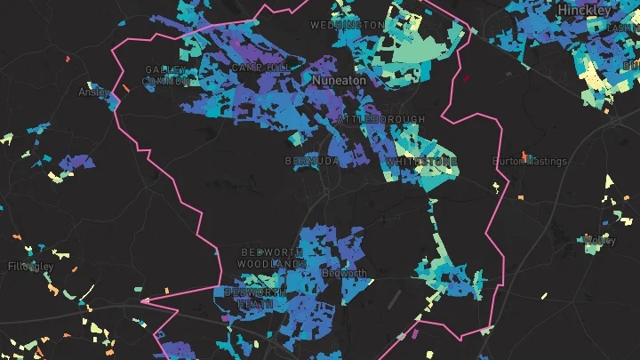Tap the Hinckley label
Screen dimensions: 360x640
coord(584,10)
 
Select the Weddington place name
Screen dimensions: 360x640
coord(347,26)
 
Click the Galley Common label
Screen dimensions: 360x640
coord(166,76)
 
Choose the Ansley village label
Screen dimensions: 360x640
coord(93,92)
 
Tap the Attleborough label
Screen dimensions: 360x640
coord(381,119)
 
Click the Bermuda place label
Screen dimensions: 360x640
coord(311,162)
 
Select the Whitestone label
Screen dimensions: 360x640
coord(421,162)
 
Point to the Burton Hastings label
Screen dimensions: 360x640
coord(530,162)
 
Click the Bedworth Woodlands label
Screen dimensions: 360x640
coord(272,259)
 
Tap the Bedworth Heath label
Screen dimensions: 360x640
coord(256,298)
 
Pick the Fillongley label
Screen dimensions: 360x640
coord(31,267)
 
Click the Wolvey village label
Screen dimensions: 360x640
coord(599,240)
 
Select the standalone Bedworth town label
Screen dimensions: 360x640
coord(345,274)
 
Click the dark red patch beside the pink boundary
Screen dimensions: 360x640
coord(464,77)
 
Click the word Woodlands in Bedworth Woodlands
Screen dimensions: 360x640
coord(272,265)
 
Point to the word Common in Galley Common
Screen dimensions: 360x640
coord(166,81)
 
